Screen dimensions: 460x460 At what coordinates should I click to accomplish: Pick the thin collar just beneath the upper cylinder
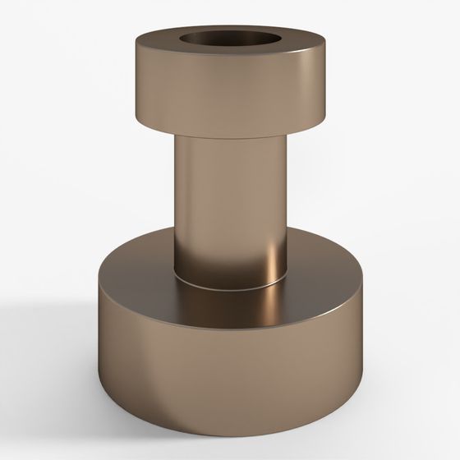229,136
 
